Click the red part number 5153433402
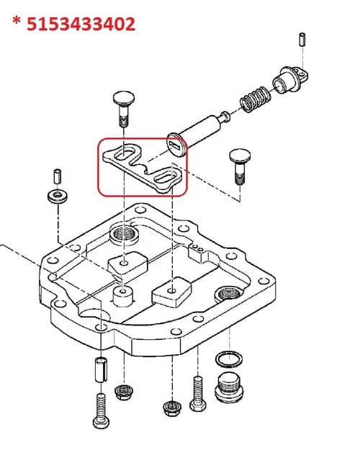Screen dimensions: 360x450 [81, 24]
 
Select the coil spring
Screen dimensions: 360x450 [255, 99]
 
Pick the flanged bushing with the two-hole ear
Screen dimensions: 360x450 [290, 80]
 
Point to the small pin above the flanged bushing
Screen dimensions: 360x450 [302, 40]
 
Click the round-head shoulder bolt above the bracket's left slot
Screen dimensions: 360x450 [124, 108]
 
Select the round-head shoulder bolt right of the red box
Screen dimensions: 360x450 [240, 166]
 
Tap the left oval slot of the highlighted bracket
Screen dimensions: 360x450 [125, 154]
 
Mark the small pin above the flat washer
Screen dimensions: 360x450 [58, 176]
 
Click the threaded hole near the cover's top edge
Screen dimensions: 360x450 [125, 235]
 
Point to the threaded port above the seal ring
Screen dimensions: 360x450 [229, 294]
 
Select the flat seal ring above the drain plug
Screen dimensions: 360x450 [229, 359]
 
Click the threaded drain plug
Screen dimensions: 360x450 [229, 387]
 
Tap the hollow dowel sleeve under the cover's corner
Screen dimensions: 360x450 [101, 369]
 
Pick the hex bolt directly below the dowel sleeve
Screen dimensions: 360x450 [101, 411]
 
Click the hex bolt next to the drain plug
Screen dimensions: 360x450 [198, 394]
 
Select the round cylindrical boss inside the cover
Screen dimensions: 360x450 [124, 297]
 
